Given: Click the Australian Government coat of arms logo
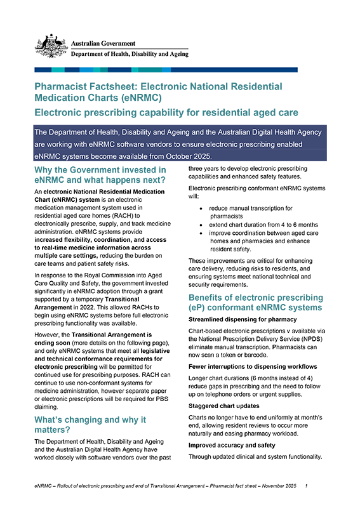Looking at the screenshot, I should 51,46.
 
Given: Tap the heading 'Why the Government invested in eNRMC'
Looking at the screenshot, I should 100,175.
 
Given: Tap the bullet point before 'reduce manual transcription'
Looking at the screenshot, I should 202,208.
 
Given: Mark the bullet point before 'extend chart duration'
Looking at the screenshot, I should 202,225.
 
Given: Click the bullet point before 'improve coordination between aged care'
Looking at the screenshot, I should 202,233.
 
